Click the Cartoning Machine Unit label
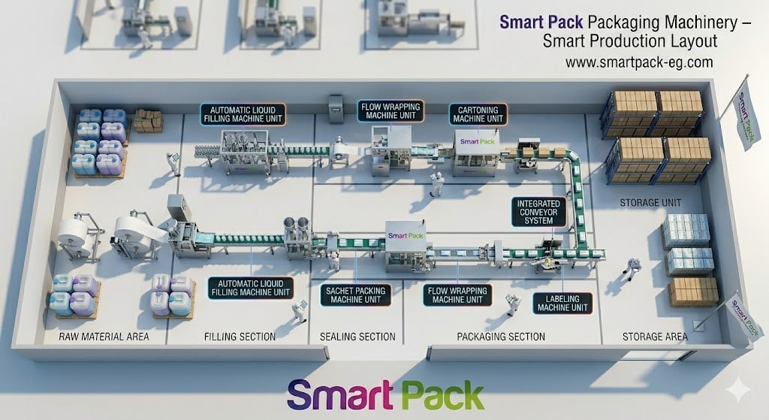478,114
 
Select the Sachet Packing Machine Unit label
355,295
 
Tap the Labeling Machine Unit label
562,304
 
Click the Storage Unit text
650,203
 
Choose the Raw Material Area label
104,337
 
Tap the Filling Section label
240,337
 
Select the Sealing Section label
357,337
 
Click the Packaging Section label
501,337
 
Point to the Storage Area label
655,337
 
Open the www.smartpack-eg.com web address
638,62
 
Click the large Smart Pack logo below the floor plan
385,395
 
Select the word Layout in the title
692,41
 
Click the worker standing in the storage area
632,268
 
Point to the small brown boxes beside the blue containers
148,121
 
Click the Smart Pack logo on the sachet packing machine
406,235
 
